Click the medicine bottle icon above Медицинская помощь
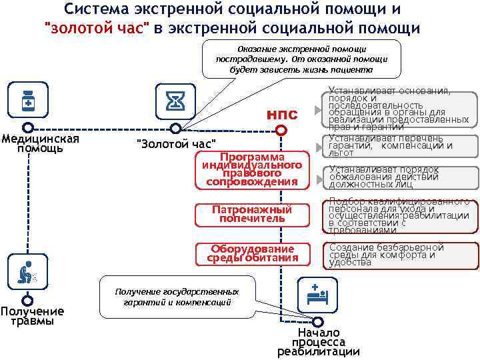pos(28,101)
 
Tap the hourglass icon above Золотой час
pos(175,101)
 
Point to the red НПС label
pos(282,115)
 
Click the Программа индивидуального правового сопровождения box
pos(252,171)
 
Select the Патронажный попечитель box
pos(252,214)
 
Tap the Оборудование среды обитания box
pos(252,254)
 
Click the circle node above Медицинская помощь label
pos(27,127)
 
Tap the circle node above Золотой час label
pos(175,128)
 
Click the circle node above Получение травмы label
pos(27,301)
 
